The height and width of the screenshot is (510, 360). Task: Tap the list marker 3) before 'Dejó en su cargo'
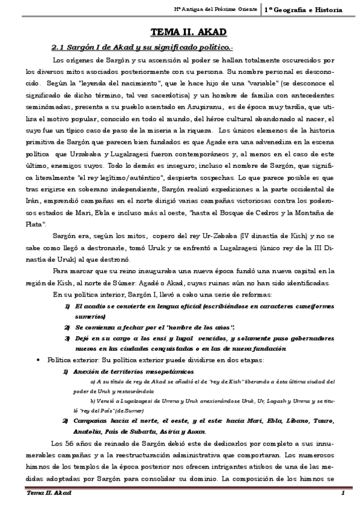[67, 339]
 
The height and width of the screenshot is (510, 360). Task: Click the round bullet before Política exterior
[39, 360]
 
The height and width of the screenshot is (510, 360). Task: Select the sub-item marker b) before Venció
[92, 400]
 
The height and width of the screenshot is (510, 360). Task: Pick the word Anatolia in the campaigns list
[90, 431]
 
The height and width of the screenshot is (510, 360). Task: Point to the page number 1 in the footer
[342, 493]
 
